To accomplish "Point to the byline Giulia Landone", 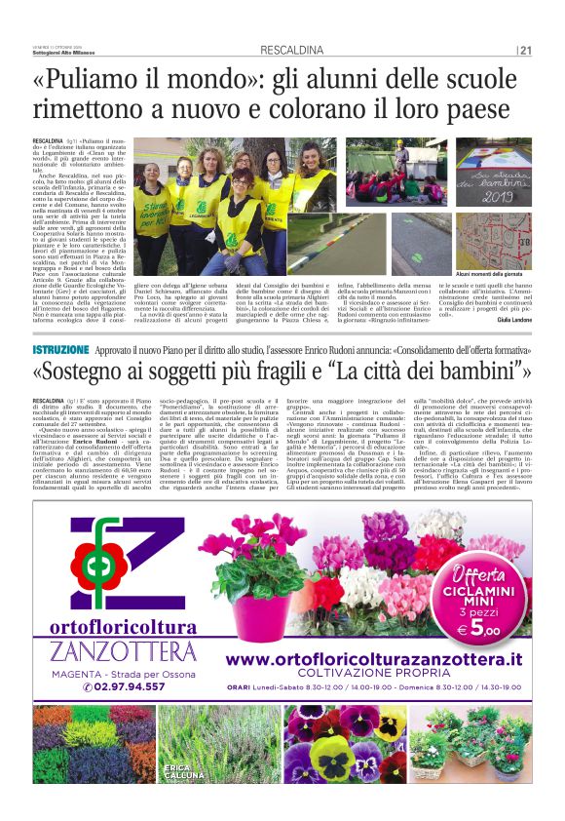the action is [x=512, y=318].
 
